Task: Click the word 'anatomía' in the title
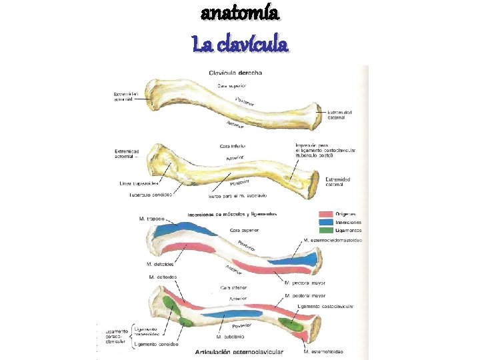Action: (240, 13)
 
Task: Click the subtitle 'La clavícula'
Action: (240, 45)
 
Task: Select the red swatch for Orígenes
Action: (326, 214)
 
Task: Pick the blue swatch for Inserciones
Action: (326, 222)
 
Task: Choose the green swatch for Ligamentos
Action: (326, 230)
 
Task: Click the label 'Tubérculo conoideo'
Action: (151, 195)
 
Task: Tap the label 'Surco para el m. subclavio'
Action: (238, 195)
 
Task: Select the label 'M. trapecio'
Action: (152, 218)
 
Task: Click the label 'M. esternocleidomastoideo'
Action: (332, 240)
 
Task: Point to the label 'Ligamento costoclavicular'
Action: (326, 305)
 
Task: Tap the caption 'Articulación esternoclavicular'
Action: (239, 351)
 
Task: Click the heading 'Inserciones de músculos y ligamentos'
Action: (232, 214)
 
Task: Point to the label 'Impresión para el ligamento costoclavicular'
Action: (325, 151)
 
